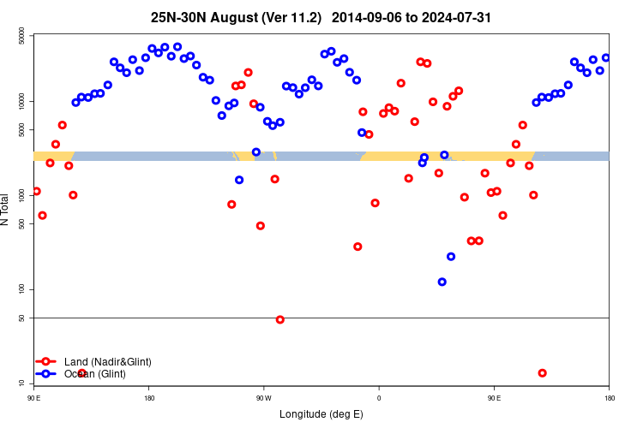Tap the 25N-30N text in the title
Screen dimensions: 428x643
click(177, 17)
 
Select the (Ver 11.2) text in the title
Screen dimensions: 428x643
click(291, 17)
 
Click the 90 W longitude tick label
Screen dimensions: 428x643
click(263, 398)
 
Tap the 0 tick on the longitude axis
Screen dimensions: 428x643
click(379, 398)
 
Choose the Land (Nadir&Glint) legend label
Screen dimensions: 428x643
click(107, 362)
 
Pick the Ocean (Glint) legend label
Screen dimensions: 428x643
click(94, 374)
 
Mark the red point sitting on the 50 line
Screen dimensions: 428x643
click(280, 319)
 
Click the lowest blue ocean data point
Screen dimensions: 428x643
click(442, 282)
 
